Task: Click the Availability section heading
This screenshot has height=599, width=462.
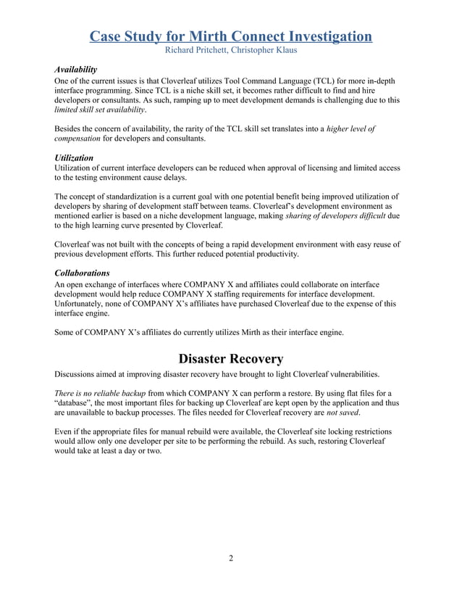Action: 76,69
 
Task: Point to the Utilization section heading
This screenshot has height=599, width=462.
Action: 75,157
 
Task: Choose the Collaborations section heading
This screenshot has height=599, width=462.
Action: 83,273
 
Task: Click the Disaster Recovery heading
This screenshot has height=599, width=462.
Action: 230,358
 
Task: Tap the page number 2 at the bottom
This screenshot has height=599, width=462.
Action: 230,558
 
